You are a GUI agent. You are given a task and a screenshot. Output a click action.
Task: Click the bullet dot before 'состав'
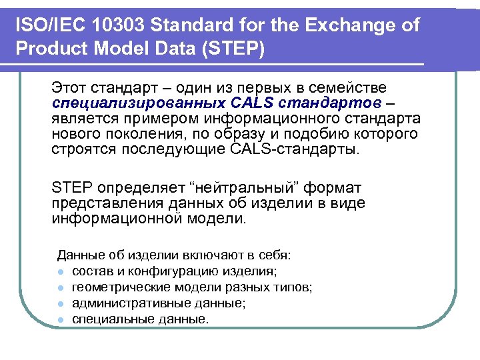point(61,272)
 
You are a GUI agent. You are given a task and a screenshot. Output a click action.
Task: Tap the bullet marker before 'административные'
point(61,303)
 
